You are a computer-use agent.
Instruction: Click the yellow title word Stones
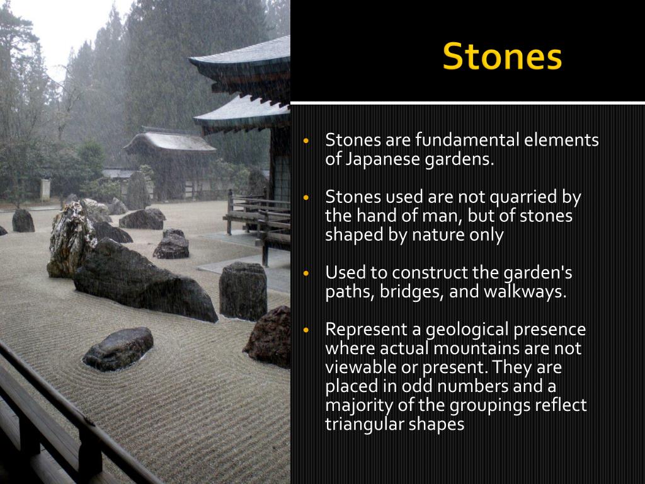tap(502, 56)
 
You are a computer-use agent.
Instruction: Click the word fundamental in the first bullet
tap(467, 140)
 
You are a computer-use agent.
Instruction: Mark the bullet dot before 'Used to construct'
tap(305, 274)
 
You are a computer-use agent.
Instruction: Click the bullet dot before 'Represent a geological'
tap(305, 330)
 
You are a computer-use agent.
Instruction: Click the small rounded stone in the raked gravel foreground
tap(118, 349)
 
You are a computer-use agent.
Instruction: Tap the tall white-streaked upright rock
tap(71, 240)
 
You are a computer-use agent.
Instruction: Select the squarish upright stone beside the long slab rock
tap(243, 291)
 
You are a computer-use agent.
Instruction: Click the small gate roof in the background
tap(169, 142)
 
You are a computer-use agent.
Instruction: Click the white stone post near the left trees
tap(45, 190)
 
